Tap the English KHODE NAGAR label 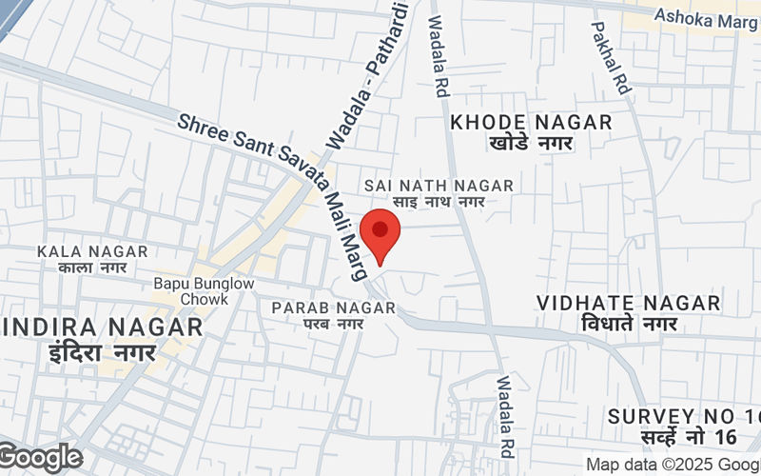531,122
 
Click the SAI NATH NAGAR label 439,185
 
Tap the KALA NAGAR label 92,251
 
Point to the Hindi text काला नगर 92,268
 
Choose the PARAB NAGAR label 333,307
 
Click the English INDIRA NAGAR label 102,327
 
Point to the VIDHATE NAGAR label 628,303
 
